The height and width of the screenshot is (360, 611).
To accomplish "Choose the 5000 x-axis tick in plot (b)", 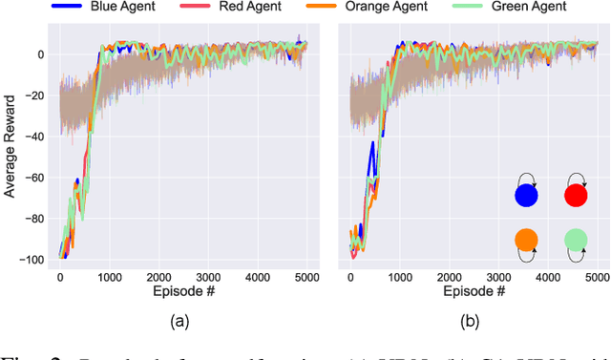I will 597,278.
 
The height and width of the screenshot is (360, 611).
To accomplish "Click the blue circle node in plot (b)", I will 526,196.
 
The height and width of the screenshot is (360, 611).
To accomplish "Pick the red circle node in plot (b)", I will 576,196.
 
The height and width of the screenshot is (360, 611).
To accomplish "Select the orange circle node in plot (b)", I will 526,240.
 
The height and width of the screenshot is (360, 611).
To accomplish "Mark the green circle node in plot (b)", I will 576,240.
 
